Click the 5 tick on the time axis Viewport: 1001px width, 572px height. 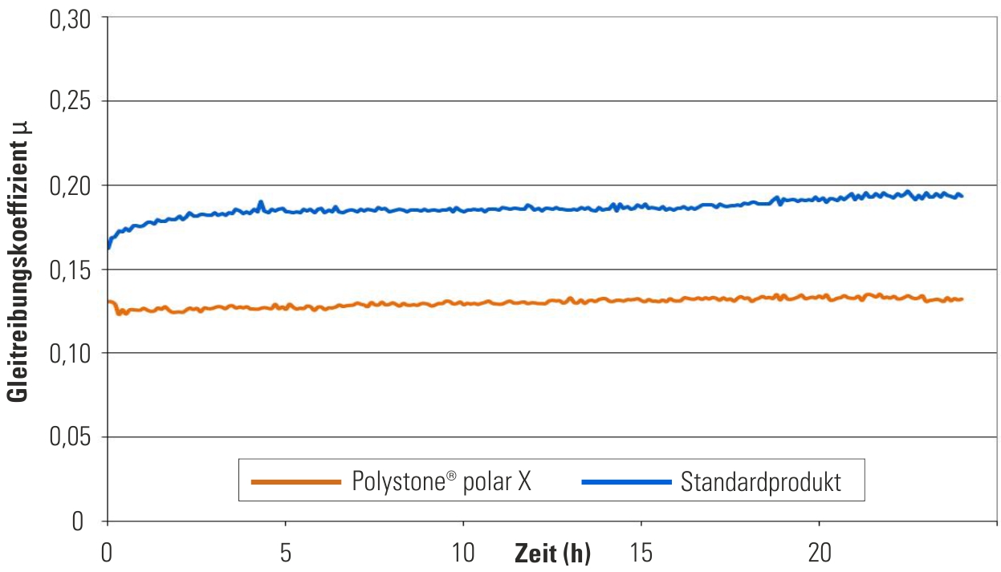click(x=285, y=553)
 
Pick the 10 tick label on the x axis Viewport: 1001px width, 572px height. click(x=463, y=553)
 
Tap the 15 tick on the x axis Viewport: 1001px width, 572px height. click(x=641, y=553)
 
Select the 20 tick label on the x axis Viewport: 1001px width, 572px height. click(x=819, y=553)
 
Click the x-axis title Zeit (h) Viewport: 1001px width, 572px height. click(x=552, y=554)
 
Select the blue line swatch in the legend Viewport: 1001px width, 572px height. click(x=625, y=481)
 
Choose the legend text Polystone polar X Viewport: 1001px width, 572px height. click(x=441, y=481)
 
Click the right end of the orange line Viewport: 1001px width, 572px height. click(x=962, y=299)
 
